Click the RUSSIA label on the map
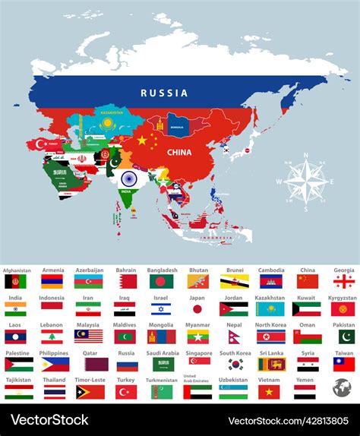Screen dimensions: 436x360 click(164, 93)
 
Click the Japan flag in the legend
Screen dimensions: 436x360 click(197, 309)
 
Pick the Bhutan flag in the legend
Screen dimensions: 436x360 click(197, 281)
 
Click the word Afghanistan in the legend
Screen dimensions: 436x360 click(18, 270)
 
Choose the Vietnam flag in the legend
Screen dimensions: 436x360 click(270, 392)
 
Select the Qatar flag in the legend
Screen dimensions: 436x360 click(90, 364)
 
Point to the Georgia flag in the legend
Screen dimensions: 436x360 click(343, 281)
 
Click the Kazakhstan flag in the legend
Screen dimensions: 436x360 click(270, 309)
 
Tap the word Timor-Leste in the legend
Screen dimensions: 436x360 click(90, 381)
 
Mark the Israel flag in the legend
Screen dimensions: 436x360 click(161, 309)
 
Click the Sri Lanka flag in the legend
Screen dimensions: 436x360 click(270, 364)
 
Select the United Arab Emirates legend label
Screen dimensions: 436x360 click(197, 380)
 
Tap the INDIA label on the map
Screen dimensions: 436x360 click(125, 192)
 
